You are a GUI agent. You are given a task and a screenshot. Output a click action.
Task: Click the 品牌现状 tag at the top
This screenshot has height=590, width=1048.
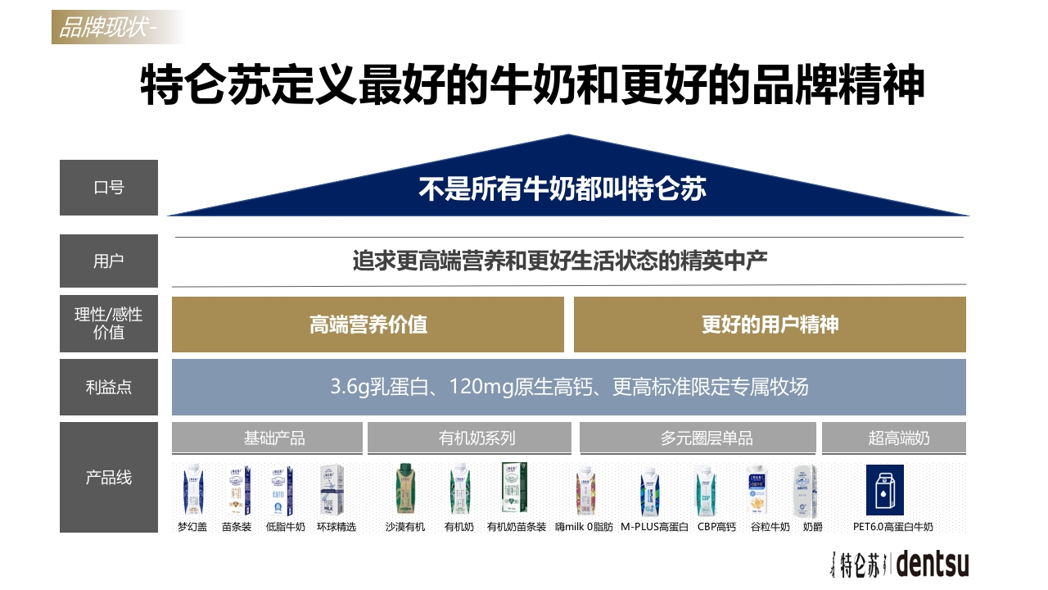[117, 27]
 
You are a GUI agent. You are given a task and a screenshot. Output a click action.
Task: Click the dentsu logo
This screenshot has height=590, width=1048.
[933, 564]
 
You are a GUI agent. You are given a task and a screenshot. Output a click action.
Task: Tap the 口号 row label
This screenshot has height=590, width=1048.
[109, 188]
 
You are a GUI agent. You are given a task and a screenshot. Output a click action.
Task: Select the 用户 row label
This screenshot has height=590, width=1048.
[109, 261]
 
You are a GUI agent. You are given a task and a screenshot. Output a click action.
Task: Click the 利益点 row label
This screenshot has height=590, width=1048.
[109, 388]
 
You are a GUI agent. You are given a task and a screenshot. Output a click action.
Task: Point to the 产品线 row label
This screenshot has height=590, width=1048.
[109, 477]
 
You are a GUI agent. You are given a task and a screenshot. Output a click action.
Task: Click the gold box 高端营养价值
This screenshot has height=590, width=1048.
[368, 324]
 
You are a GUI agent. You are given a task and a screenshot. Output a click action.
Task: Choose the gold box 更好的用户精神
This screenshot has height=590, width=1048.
[770, 324]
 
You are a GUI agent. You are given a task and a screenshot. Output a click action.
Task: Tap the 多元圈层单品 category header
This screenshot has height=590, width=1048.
[698, 438]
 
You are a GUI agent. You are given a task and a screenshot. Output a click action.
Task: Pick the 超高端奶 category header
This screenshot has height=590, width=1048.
[893, 438]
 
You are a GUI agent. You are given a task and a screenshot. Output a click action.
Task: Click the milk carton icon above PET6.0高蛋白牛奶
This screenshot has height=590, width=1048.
[885, 490]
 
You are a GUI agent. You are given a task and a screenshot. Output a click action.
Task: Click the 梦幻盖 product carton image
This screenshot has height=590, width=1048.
[192, 489]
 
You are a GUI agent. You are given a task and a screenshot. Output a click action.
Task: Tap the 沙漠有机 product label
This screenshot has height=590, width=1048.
[405, 527]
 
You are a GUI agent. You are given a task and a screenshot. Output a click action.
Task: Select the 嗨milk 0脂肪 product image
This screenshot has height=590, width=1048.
[585, 490]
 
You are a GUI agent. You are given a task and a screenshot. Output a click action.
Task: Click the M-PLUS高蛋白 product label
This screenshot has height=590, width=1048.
[654, 527]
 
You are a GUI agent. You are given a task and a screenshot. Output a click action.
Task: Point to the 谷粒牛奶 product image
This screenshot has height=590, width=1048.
[757, 490]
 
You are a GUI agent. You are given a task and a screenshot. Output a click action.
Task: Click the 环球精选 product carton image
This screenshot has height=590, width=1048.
[332, 489]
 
